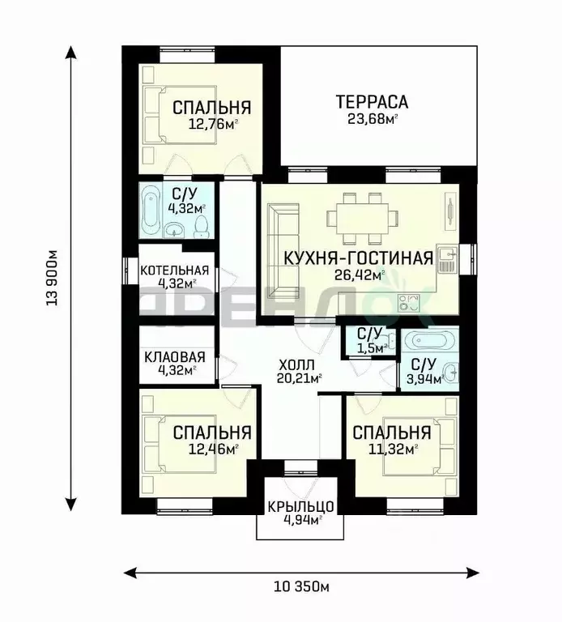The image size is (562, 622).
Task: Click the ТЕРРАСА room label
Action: [x=372, y=102]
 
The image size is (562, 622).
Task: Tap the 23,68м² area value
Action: [x=373, y=118]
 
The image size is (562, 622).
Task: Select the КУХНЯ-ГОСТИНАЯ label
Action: [x=359, y=258]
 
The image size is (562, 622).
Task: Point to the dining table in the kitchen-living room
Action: [x=363, y=219]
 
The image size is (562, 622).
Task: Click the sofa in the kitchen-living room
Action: [x=283, y=250]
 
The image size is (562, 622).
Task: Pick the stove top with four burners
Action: [x=409, y=302]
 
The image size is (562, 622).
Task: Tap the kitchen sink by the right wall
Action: [x=447, y=259]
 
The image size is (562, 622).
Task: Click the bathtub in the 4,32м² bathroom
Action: [x=151, y=210]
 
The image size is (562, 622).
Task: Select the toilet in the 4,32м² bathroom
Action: [x=202, y=226]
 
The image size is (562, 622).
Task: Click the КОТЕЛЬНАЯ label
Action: [x=174, y=271]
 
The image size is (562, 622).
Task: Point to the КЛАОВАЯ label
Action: [x=174, y=357]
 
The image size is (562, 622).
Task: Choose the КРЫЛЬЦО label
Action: [x=300, y=506]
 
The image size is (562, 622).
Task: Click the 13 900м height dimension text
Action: [x=53, y=278]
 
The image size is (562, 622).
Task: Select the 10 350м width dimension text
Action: [x=301, y=586]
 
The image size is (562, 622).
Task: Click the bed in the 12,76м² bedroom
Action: [x=180, y=114]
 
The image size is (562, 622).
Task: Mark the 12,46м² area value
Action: [x=214, y=449]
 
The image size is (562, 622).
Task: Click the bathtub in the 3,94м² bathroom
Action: [x=429, y=341]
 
